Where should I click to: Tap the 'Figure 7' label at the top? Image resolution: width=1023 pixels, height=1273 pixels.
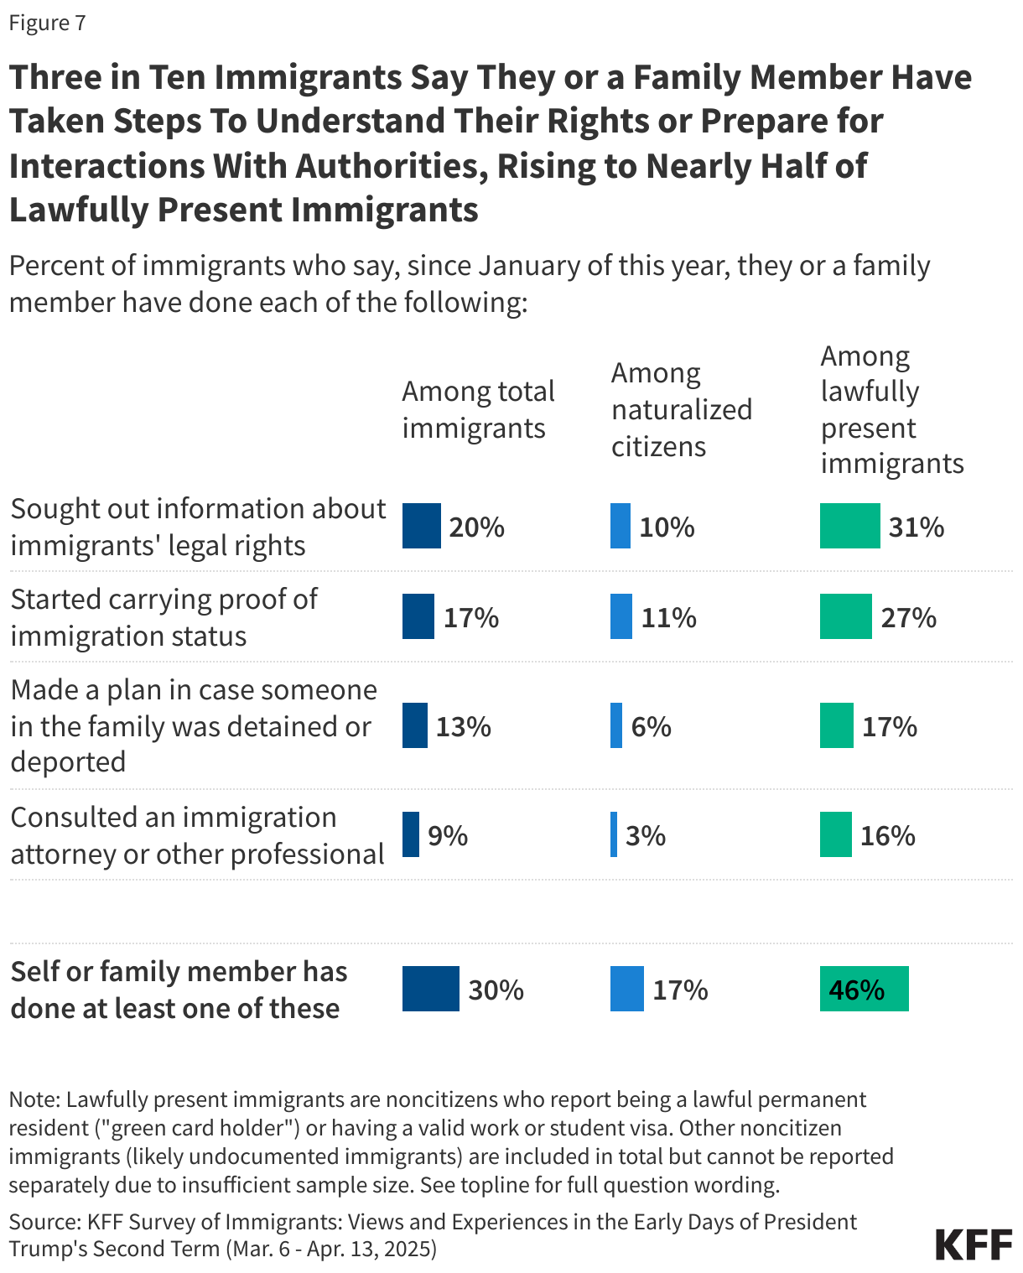[x=47, y=23]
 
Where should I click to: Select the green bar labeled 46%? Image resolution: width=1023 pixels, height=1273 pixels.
[x=864, y=990]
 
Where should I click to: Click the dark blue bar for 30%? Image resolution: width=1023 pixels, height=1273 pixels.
[x=430, y=990]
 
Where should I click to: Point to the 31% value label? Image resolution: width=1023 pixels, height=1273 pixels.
[x=917, y=527]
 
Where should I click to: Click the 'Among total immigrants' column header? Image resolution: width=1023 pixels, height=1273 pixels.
[x=478, y=409]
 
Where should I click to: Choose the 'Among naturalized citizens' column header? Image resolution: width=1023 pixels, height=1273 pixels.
[x=681, y=409]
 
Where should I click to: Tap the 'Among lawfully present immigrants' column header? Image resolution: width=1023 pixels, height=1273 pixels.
[x=891, y=409]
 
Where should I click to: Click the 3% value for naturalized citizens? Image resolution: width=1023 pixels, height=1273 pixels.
[x=646, y=835]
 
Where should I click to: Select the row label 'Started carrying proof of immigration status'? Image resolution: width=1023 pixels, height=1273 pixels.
[x=164, y=617]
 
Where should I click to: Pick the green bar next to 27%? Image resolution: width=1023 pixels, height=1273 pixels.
[x=845, y=617]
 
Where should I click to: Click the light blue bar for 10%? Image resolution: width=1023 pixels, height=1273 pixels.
[x=621, y=527]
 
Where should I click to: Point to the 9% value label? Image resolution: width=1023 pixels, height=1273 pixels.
[x=448, y=835]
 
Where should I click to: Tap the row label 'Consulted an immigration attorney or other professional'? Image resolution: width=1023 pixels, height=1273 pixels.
[x=197, y=835]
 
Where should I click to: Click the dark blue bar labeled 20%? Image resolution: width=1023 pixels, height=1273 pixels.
[x=421, y=527]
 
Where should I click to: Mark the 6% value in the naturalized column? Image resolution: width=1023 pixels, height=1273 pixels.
[x=652, y=726]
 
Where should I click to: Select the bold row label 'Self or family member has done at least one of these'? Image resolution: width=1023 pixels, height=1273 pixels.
[x=179, y=990]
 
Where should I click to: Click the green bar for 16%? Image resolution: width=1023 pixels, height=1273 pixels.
[x=835, y=835]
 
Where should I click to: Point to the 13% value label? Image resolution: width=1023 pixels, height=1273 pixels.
[x=463, y=726]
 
